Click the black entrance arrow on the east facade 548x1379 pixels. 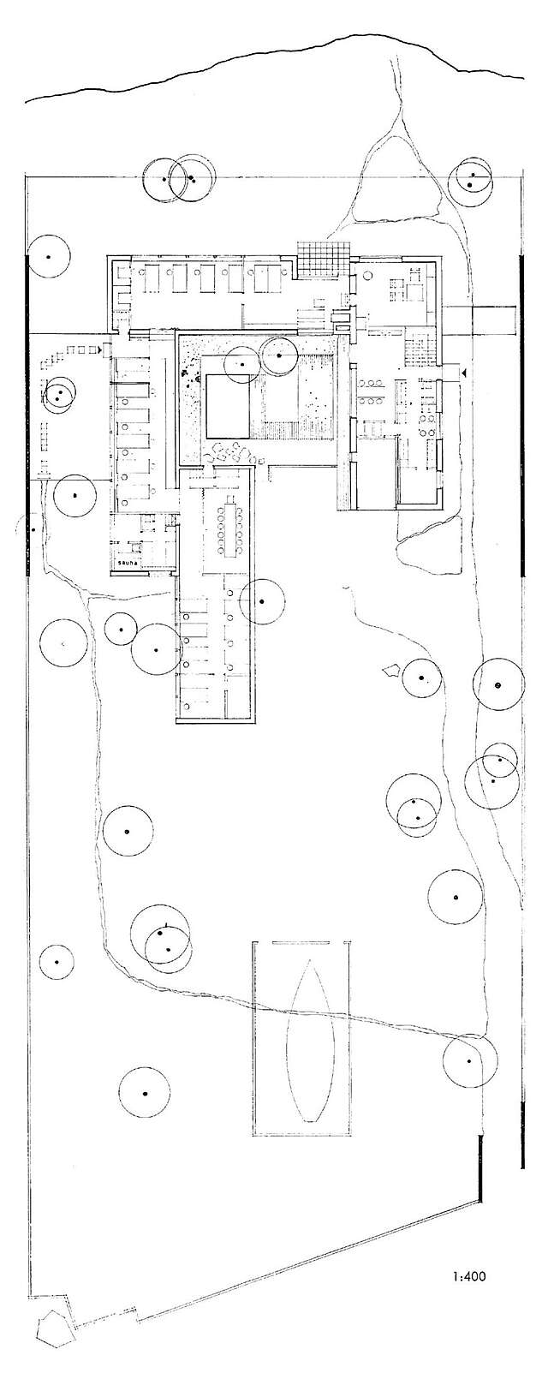(463, 373)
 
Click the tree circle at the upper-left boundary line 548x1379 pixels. (49, 257)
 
